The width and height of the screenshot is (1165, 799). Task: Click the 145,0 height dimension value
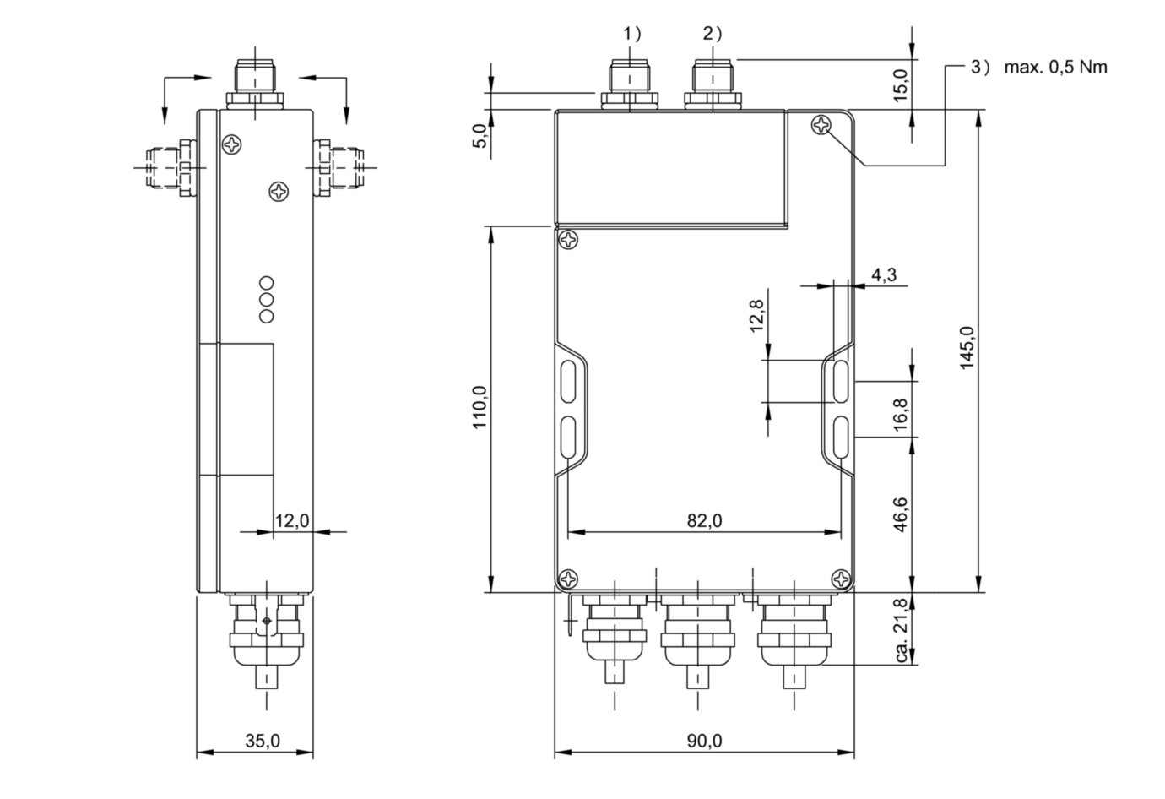[967, 348]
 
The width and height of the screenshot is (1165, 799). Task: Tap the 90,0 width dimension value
[704, 741]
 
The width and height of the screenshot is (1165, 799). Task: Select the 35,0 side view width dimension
[263, 741]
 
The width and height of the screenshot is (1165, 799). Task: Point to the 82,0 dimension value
[704, 521]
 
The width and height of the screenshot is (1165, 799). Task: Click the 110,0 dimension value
[479, 407]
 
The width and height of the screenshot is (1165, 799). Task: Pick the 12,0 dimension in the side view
[292, 520]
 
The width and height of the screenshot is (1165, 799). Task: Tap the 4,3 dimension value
[884, 274]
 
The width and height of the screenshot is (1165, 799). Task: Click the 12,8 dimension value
[756, 316]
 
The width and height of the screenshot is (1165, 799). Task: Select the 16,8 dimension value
[900, 414]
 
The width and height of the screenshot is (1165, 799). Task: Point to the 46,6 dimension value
[900, 514]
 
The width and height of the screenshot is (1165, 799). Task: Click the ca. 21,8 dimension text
[902, 630]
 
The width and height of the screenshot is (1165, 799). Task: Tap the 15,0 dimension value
[900, 85]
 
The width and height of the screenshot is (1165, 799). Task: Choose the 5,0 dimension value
[480, 136]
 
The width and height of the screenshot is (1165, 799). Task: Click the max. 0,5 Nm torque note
[1056, 67]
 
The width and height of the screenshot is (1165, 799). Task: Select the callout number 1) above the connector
[632, 34]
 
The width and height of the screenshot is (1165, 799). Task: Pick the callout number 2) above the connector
[713, 34]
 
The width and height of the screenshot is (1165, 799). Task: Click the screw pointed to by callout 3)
[821, 125]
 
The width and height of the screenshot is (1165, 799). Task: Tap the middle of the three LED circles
[266, 299]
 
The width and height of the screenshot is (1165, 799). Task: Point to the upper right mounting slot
[841, 383]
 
